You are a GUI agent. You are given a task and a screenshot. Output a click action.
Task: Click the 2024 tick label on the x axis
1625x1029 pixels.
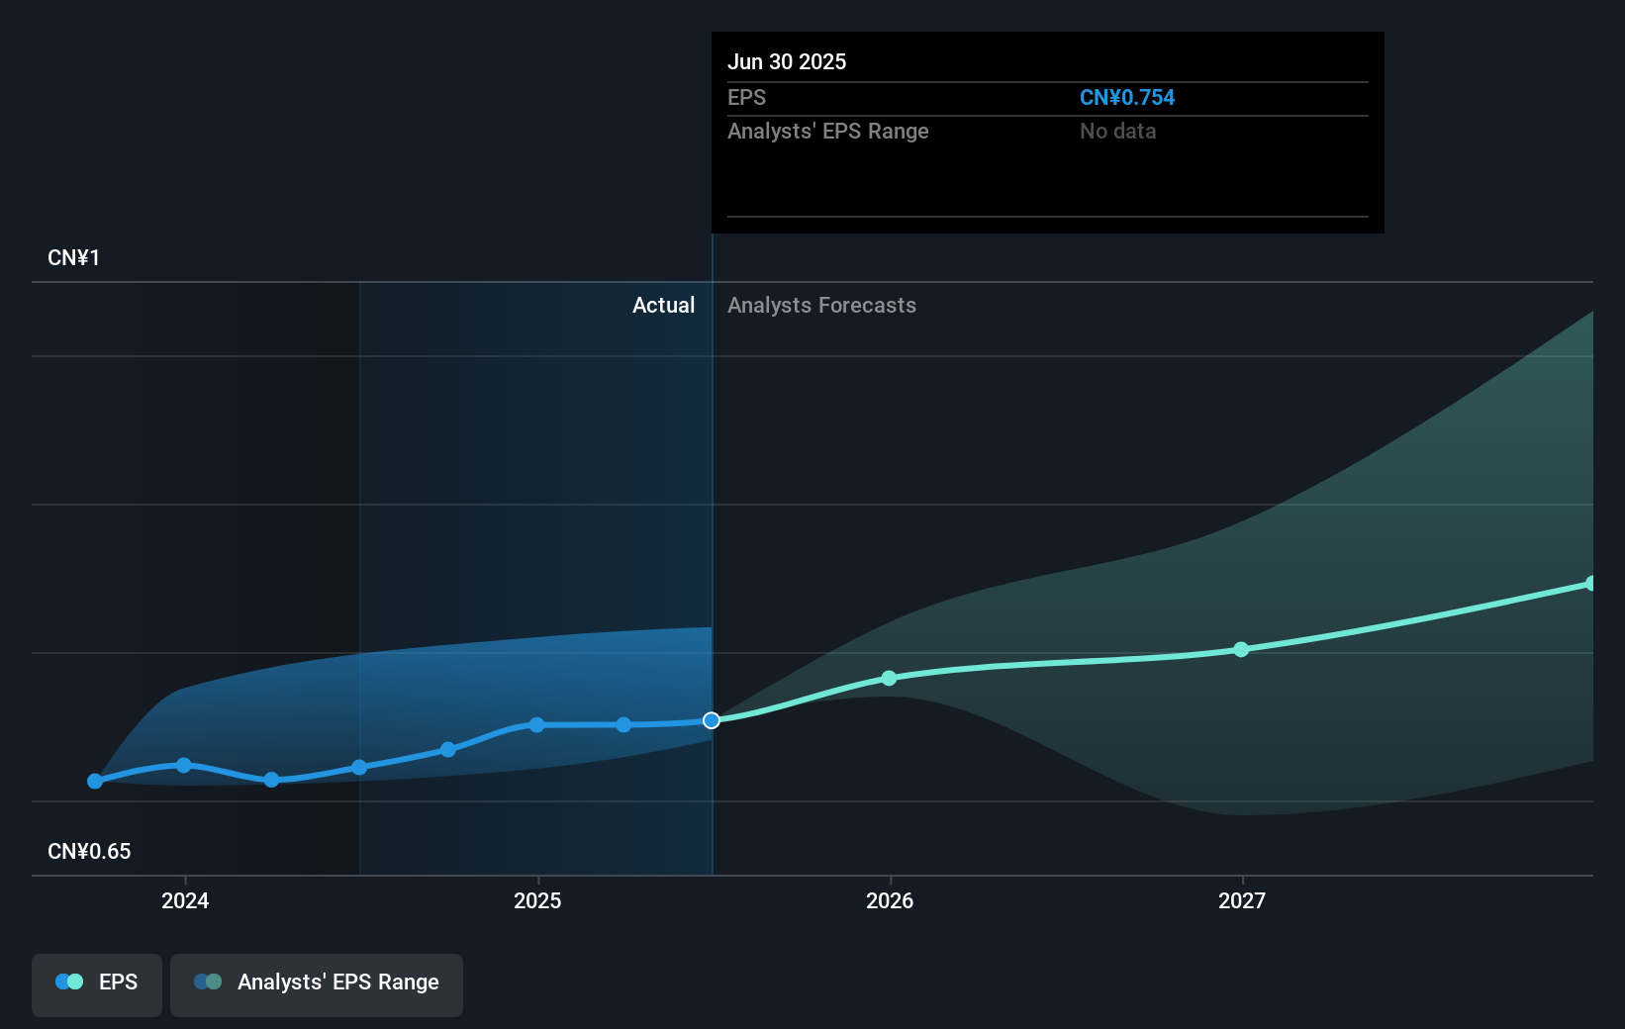(185, 900)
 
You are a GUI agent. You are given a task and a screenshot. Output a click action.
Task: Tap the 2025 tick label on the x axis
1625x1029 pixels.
(537, 900)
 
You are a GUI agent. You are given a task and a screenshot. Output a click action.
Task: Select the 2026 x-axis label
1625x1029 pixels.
(890, 900)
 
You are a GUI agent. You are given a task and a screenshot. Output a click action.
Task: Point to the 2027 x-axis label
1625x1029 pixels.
(1242, 900)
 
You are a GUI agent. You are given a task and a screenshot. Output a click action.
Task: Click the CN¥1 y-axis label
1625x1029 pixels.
(73, 258)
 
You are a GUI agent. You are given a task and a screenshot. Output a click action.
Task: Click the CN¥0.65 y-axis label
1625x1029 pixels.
(89, 852)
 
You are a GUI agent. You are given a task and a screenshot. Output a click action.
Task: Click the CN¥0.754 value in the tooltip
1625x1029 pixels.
(1126, 98)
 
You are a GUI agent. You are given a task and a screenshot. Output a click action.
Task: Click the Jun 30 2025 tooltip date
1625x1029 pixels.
(787, 61)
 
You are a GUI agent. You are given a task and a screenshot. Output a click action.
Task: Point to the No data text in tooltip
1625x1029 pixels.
(1117, 132)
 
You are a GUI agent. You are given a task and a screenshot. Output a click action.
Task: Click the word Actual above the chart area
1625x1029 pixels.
(663, 306)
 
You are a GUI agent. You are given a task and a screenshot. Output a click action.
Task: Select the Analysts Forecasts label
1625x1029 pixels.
(821, 306)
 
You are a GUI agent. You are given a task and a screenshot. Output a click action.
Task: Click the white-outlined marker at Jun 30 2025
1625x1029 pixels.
(712, 720)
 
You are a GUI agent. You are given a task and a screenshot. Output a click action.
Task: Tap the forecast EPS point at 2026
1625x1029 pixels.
(889, 678)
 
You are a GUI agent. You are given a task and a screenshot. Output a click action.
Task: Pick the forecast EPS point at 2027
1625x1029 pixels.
(1241, 650)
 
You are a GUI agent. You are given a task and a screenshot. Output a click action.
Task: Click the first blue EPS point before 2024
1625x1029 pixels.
(95, 781)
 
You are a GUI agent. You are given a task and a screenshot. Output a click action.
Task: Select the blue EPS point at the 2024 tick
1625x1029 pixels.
(184, 765)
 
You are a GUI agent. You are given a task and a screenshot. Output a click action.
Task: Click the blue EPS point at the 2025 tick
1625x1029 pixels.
(536, 725)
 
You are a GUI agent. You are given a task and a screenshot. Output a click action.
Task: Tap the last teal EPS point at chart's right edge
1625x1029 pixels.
(1590, 584)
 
